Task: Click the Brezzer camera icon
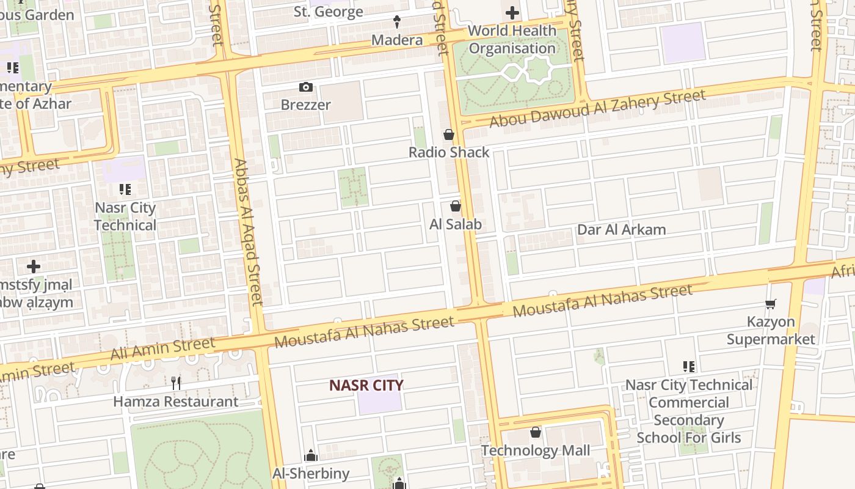306,87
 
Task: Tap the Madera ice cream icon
397,22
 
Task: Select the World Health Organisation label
512,39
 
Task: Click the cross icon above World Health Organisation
512,12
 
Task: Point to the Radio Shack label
449,152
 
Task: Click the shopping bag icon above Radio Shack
449,134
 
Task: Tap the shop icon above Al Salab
456,207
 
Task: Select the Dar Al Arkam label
621,230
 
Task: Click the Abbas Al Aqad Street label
248,232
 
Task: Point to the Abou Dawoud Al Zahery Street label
597,109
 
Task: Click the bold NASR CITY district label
366,385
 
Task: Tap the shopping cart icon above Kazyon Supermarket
771,304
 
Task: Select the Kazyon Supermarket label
771,330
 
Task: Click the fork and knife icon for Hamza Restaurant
176,383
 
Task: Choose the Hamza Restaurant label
176,402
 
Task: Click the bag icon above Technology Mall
536,433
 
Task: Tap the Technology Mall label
536,451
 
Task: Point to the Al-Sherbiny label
311,473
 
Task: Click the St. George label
328,12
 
